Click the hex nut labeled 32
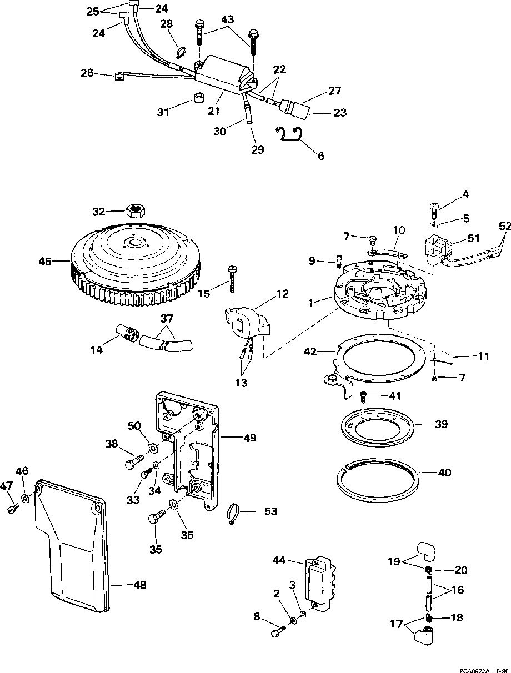[x=136, y=211]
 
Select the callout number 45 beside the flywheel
[x=45, y=262]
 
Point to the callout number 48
[x=139, y=585]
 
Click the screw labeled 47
[x=13, y=508]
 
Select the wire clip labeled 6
[x=289, y=134]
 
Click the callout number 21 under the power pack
[x=214, y=111]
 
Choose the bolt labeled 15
[x=232, y=279]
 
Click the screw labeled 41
[x=363, y=398]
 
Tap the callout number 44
[x=279, y=560]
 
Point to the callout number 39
[x=442, y=424]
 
